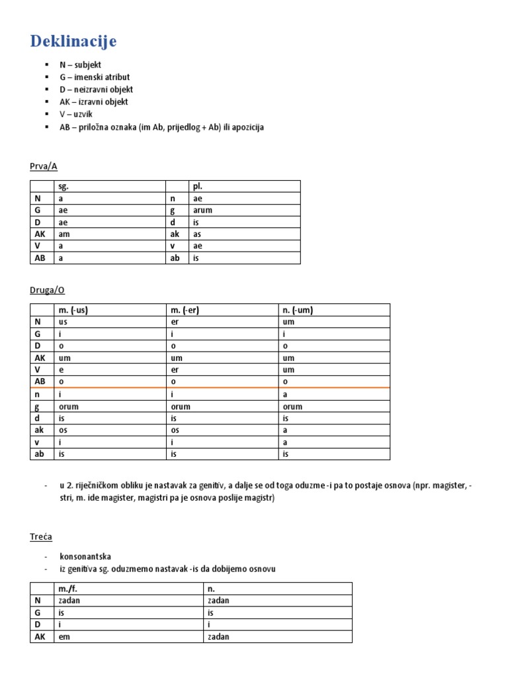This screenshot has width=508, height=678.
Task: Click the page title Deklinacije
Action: click(x=73, y=41)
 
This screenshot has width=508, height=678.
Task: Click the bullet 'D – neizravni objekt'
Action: click(x=96, y=89)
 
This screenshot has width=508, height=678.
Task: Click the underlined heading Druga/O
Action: click(x=48, y=289)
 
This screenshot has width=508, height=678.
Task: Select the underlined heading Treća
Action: click(x=41, y=536)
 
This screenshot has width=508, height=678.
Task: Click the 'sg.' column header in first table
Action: click(x=63, y=187)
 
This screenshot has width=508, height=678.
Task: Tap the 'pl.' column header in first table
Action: click(x=197, y=187)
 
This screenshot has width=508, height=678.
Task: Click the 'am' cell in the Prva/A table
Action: click(x=63, y=234)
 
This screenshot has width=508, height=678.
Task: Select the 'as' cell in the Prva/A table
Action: click(x=196, y=234)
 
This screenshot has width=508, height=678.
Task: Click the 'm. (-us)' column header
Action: click(x=73, y=310)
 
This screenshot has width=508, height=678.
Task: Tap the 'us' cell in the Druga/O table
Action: click(x=63, y=322)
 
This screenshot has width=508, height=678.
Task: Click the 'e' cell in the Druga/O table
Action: click(x=61, y=369)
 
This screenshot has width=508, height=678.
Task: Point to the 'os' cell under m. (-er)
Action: click(x=175, y=430)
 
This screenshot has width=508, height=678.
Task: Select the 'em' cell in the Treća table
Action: click(x=63, y=636)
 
